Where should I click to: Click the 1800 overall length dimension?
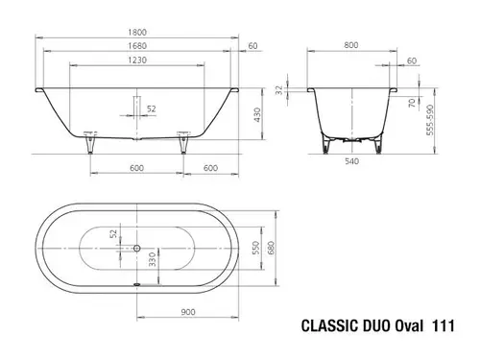coord(137,32)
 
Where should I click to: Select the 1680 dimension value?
coord(137,46)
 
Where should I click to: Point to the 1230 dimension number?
coord(137,60)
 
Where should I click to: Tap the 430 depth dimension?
coord(257,115)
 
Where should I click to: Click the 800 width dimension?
coord(351,45)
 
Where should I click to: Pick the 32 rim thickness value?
coord(279,90)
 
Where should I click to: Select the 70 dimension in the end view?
coord(412,103)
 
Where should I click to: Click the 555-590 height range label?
coord(430,120)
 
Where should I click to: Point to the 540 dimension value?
coord(351,161)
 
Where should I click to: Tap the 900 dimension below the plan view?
coord(188,312)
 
